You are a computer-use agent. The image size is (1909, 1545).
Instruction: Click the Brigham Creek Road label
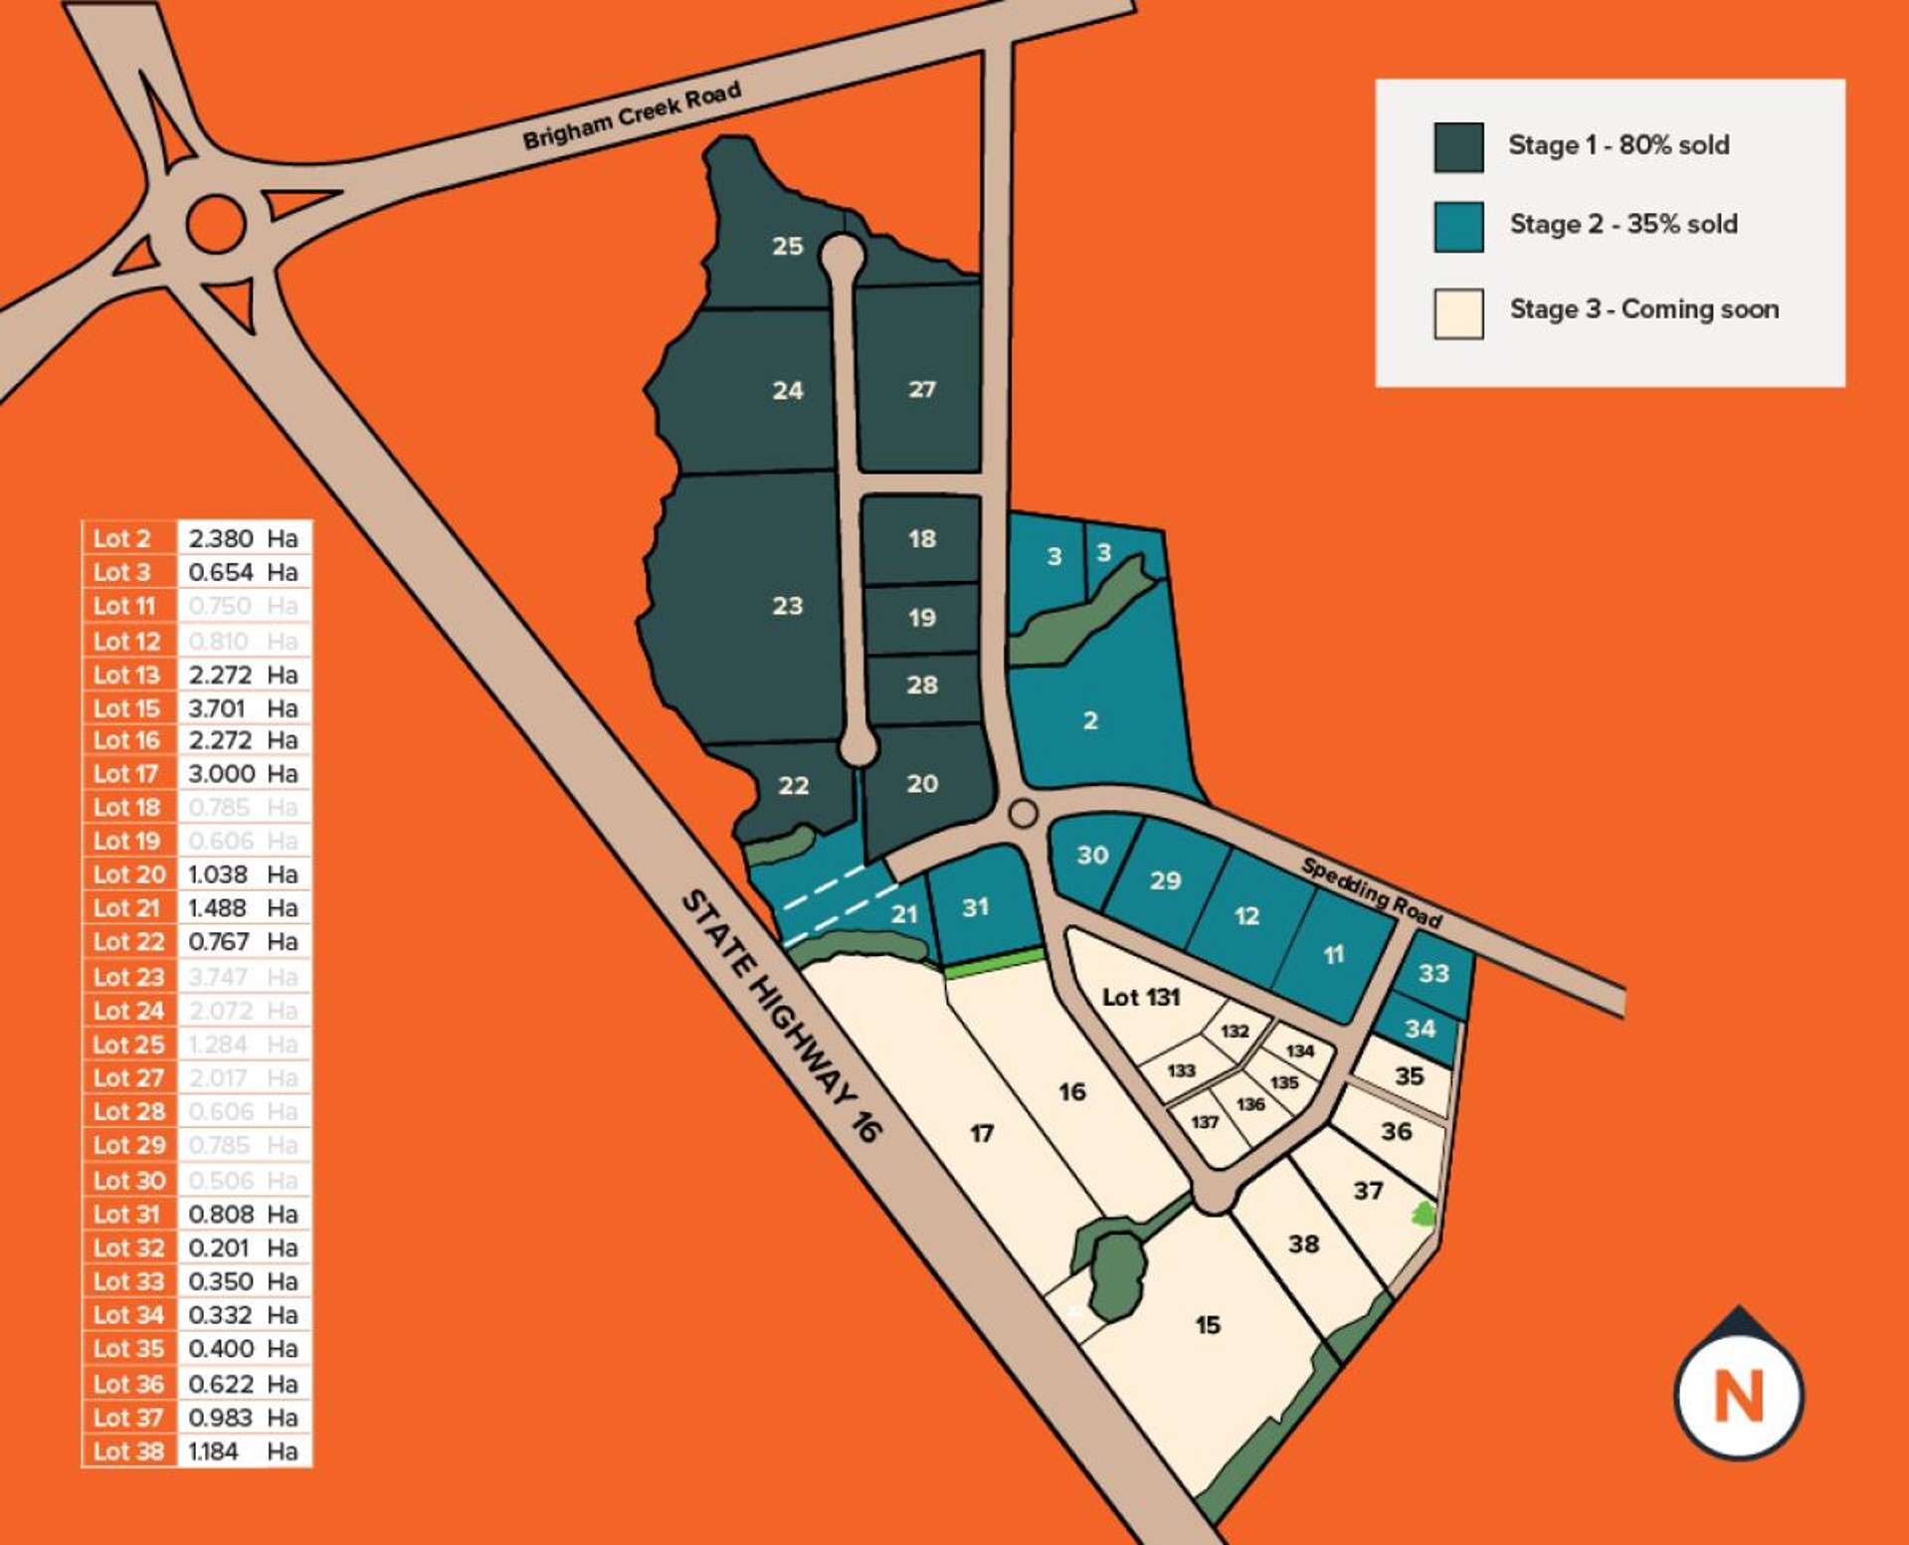coord(632,115)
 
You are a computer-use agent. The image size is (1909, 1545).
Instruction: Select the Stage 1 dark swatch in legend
coord(1458,147)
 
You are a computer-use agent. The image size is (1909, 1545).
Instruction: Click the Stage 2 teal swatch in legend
coord(1458,227)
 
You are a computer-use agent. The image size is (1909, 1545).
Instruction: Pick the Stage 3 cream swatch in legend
coord(1458,313)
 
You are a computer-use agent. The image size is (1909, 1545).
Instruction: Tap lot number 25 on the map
coord(787,246)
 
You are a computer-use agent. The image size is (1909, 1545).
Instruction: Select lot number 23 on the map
coord(787,606)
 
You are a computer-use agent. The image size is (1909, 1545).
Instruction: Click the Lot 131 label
coord(1140,997)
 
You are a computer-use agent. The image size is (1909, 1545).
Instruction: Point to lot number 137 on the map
coord(1204,1122)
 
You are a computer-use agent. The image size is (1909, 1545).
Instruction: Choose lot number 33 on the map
coord(1432,973)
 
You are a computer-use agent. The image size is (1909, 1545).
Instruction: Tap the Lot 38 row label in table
coord(128,1451)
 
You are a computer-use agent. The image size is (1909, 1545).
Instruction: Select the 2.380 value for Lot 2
coord(220,538)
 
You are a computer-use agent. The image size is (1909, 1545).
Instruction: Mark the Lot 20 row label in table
coord(128,874)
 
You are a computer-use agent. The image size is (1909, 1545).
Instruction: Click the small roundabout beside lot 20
coord(1023,814)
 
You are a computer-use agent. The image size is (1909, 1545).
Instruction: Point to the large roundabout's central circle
coord(216,224)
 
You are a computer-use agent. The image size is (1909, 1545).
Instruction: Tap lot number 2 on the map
coord(1090,720)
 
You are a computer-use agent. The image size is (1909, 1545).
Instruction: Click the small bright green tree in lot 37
coord(1424,1213)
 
